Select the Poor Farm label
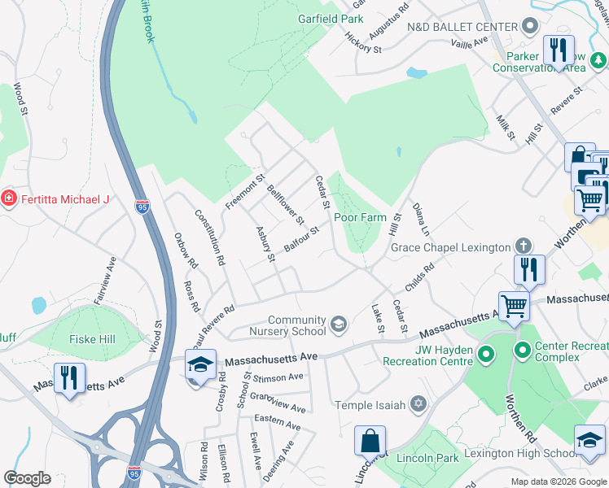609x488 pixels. click(360, 217)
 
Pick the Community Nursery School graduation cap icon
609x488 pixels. click(339, 325)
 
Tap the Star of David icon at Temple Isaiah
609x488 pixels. click(418, 404)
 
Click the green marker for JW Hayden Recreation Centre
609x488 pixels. click(486, 355)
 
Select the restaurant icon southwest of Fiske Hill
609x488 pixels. click(69, 377)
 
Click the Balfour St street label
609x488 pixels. click(300, 239)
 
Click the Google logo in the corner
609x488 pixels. click(27, 478)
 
